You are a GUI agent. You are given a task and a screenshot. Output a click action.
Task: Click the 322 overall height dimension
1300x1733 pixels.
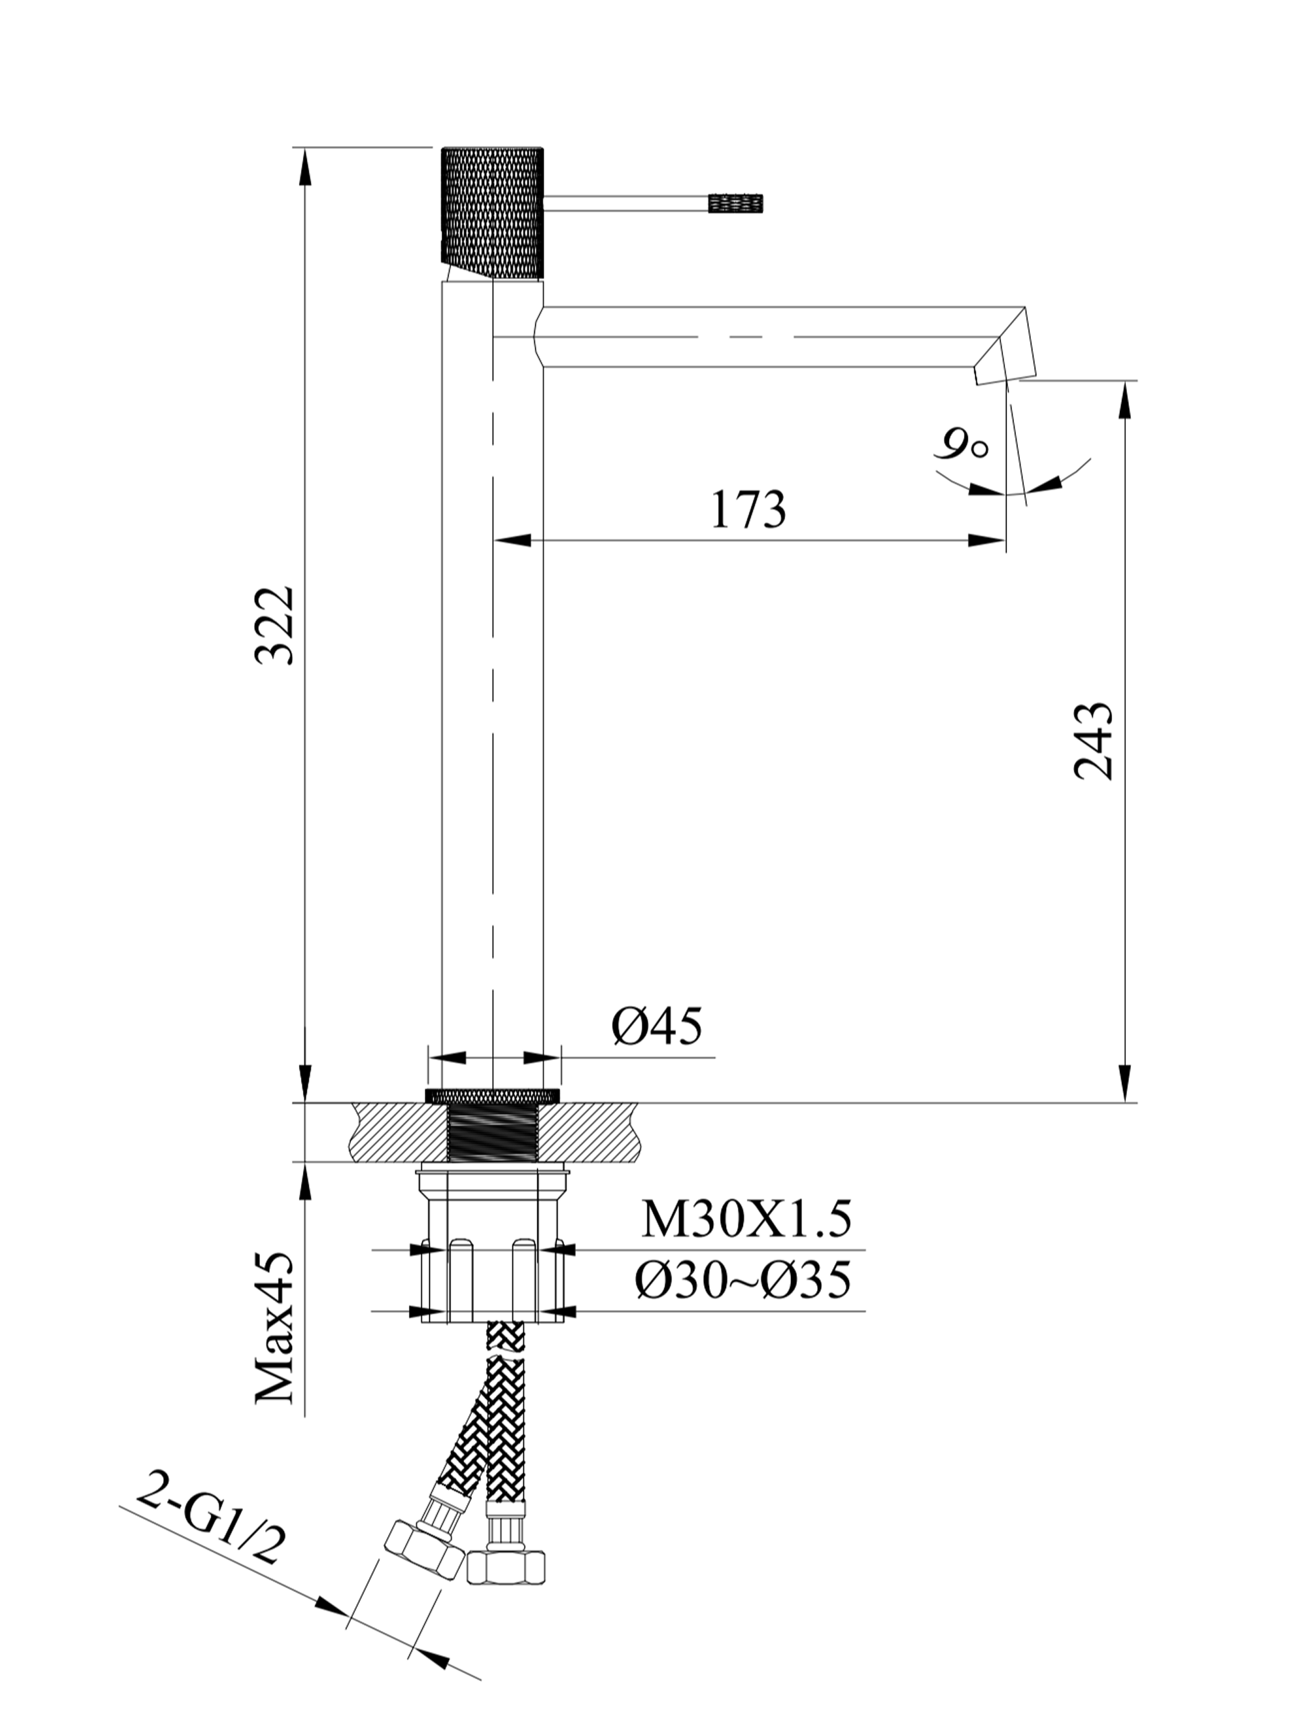(x=275, y=624)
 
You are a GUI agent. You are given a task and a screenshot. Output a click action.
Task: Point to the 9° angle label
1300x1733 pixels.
(x=961, y=446)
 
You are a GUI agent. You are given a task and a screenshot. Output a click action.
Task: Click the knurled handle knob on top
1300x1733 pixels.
(x=491, y=212)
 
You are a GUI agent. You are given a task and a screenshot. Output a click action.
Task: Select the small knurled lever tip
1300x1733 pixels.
(x=735, y=203)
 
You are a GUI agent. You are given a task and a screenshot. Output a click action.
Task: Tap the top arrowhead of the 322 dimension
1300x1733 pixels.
(x=305, y=165)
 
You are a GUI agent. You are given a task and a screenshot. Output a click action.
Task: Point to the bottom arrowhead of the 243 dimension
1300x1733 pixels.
(x=1126, y=1083)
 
